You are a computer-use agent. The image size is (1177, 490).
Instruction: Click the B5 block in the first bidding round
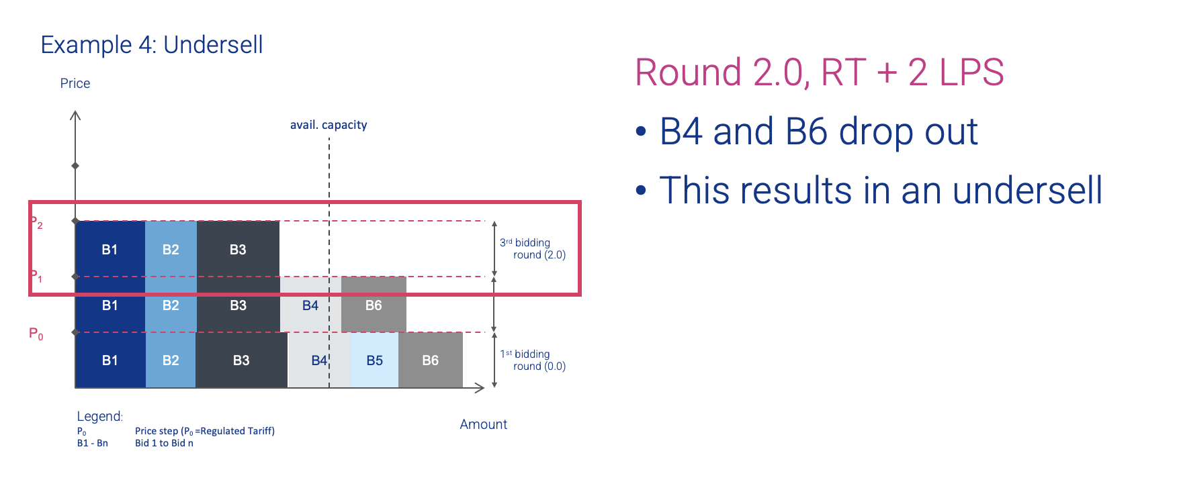[x=374, y=360]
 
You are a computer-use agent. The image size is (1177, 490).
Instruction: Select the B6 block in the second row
[x=374, y=305]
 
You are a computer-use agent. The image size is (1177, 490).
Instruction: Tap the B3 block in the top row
[x=238, y=249]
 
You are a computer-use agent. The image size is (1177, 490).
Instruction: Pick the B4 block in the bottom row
[x=319, y=360]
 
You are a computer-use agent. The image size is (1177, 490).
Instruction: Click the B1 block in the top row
[x=110, y=249]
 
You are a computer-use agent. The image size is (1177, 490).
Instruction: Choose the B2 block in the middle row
[x=171, y=305]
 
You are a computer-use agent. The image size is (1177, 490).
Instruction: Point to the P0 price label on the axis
[x=36, y=334]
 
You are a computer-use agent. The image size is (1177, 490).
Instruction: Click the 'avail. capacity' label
[x=329, y=125]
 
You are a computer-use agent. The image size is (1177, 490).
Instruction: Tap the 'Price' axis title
[x=75, y=83]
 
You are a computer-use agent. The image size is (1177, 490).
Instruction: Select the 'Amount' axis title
[x=484, y=424]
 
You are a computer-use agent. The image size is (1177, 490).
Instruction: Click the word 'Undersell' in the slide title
[x=213, y=45]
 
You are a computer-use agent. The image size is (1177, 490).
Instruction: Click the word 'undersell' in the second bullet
[x=1027, y=190]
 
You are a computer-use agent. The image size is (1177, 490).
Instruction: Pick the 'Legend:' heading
[x=100, y=416]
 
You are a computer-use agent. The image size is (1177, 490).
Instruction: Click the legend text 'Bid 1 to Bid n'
[x=164, y=443]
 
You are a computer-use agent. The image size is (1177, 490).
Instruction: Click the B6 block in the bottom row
[x=431, y=360]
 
